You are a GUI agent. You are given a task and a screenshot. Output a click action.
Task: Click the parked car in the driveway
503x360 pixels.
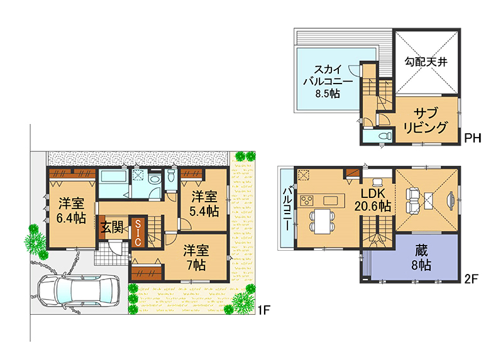[x=79, y=291]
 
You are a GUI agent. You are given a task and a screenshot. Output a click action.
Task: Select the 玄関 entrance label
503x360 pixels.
[x=113, y=227]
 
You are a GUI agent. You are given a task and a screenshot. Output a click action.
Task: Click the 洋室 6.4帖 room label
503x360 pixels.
[x=71, y=210]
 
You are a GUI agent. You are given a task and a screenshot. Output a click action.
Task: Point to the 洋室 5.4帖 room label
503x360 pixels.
[x=204, y=204]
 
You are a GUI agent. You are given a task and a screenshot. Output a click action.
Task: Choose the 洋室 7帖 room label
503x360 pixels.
[x=196, y=258]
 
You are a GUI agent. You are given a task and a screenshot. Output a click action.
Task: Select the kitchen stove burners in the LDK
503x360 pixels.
[x=306, y=200]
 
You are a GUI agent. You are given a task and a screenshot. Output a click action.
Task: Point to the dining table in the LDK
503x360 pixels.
[x=322, y=222]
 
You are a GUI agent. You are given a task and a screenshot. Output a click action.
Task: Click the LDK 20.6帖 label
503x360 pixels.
[x=373, y=200]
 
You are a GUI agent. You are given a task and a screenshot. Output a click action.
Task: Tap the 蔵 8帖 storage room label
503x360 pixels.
[x=421, y=258]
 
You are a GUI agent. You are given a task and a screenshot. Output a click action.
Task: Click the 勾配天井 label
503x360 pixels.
[x=426, y=62]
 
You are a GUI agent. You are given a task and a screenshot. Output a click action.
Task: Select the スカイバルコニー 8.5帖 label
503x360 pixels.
[x=328, y=81]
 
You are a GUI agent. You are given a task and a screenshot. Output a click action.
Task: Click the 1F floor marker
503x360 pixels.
[x=264, y=310]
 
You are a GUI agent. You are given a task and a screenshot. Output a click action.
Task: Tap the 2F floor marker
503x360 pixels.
[x=471, y=279]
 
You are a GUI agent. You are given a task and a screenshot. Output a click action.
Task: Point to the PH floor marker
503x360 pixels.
[x=473, y=138]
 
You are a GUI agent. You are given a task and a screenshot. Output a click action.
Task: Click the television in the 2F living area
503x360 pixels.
[x=450, y=201]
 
